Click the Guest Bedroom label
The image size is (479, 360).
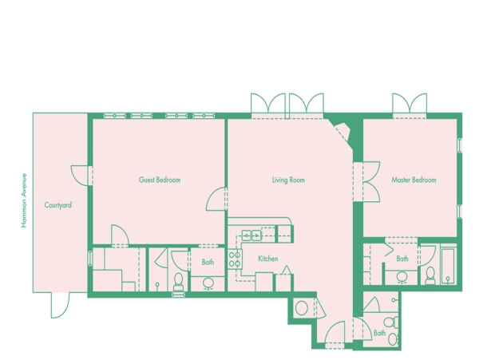pyautogui.click(x=160, y=180)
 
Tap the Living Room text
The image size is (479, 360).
pyautogui.click(x=288, y=180)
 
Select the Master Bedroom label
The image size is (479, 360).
pyautogui.click(x=414, y=180)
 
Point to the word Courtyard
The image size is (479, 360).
pyautogui.click(x=58, y=205)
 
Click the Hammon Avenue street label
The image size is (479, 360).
pyautogui.click(x=24, y=200)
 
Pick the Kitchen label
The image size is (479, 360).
pyautogui.click(x=268, y=259)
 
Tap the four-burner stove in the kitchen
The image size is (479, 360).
pyautogui.click(x=235, y=259)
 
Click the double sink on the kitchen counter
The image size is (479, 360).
pyautogui.click(x=251, y=235)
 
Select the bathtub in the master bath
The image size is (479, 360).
pyautogui.click(x=448, y=267)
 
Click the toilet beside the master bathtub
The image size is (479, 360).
pyautogui.click(x=430, y=275)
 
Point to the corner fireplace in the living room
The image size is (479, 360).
pyautogui.click(x=343, y=132)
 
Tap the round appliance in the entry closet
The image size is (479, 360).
pyautogui.click(x=302, y=308)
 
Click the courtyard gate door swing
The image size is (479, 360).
pyautogui.click(x=60, y=306)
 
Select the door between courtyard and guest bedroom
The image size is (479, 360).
pyautogui.click(x=80, y=176)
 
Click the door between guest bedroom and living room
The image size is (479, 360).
pyautogui.click(x=216, y=199)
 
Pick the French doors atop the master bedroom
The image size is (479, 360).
pyautogui.click(x=410, y=103)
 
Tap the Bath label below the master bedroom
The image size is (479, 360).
pyautogui.click(x=402, y=259)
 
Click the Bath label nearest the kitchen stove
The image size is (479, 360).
pyautogui.click(x=208, y=262)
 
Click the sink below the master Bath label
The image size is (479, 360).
pyautogui.click(x=402, y=278)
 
